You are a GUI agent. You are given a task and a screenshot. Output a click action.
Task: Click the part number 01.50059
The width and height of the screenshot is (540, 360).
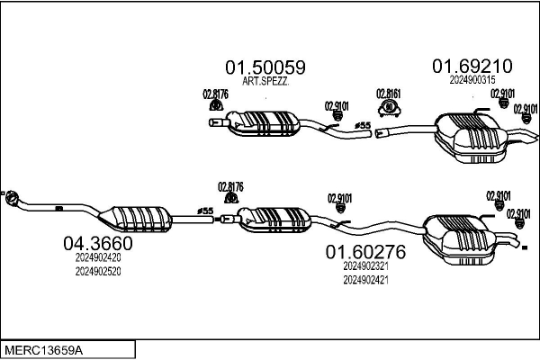click(265, 67)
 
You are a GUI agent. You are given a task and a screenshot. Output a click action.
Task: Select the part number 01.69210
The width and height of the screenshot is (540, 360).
click(472, 66)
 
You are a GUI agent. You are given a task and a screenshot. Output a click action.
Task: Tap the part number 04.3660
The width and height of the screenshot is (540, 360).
click(98, 244)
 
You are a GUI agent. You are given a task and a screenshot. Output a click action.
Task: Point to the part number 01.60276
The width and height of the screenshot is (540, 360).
click(365, 252)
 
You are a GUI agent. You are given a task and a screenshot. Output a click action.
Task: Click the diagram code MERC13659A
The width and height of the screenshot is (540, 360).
click(43, 351)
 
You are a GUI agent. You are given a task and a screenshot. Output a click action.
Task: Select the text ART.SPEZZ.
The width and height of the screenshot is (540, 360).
click(265, 81)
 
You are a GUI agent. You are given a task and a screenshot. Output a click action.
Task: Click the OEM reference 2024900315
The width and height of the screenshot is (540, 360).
click(472, 80)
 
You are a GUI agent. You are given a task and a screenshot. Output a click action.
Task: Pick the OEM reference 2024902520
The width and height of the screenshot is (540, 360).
click(98, 272)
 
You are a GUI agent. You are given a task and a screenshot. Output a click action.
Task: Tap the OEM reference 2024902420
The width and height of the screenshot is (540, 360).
click(98, 257)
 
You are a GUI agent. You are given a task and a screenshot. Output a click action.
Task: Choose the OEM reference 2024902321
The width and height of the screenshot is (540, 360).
click(365, 266)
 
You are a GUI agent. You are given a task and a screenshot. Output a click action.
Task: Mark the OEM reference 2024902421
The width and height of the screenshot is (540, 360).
click(365, 280)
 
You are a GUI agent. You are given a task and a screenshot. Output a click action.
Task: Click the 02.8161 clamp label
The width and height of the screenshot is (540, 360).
click(389, 94)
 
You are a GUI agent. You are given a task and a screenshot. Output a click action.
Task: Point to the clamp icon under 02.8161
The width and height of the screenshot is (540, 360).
click(389, 108)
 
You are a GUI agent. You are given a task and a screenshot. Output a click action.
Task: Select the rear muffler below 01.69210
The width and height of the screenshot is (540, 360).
click(470, 138)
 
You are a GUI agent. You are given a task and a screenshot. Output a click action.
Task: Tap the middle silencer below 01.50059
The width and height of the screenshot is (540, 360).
click(263, 123)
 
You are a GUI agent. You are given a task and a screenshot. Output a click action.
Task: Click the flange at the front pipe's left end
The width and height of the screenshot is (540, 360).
click(13, 198)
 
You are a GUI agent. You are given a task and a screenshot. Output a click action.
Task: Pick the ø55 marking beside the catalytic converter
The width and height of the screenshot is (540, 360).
click(205, 211)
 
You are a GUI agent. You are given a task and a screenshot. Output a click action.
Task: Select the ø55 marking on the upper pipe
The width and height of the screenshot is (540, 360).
click(363, 125)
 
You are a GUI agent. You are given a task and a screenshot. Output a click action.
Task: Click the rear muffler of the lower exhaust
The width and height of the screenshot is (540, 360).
click(459, 239)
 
